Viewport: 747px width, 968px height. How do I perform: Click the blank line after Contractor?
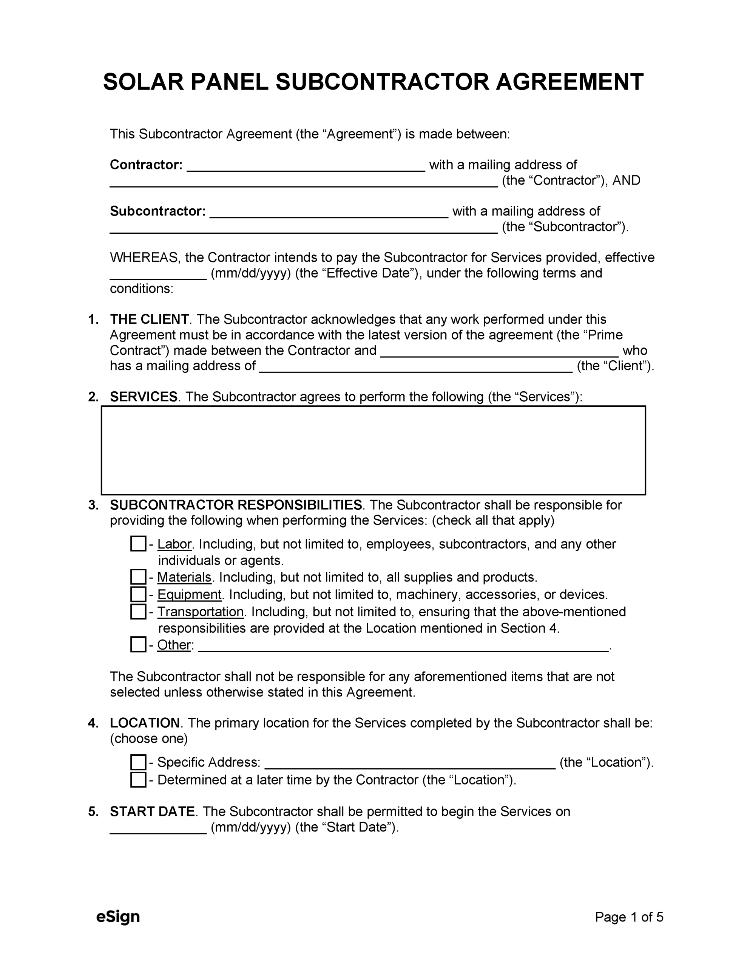pyautogui.click(x=306, y=167)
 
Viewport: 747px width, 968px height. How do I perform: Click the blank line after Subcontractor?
pyautogui.click(x=329, y=213)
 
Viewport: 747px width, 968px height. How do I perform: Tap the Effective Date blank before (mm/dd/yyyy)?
pyautogui.click(x=158, y=275)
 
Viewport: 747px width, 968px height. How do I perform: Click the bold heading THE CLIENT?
pyautogui.click(x=149, y=319)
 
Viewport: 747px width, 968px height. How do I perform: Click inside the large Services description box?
pyautogui.click(x=373, y=450)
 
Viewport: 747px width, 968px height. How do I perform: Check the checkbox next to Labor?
pyautogui.click(x=138, y=544)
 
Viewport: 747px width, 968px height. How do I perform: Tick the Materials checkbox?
pyautogui.click(x=138, y=577)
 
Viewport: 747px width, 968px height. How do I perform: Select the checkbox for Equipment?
pyautogui.click(x=138, y=594)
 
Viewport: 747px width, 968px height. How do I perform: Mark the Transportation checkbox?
pyautogui.click(x=138, y=612)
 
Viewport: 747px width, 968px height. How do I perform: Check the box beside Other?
pyautogui.click(x=138, y=645)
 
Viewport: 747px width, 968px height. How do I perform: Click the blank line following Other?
pyautogui.click(x=403, y=647)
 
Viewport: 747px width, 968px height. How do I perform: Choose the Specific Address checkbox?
pyautogui.click(x=138, y=762)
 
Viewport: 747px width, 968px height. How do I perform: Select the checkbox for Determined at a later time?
pyautogui.click(x=138, y=780)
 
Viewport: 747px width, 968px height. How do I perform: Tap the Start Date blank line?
pyautogui.click(x=158, y=829)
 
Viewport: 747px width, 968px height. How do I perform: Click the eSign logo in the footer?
pyautogui.click(x=118, y=917)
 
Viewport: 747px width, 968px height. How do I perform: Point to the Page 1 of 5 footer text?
pyautogui.click(x=629, y=917)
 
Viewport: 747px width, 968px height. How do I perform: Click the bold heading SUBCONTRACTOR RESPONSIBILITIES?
pyautogui.click(x=236, y=505)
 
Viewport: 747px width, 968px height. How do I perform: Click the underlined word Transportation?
pyautogui.click(x=200, y=612)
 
